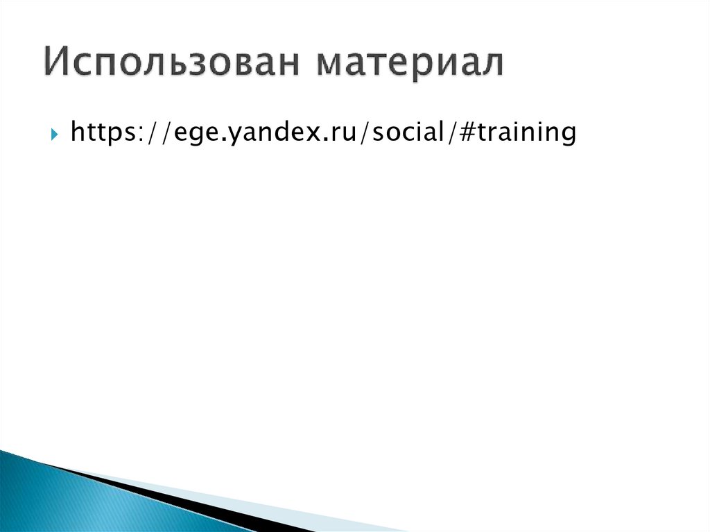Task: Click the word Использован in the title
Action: click(x=174, y=64)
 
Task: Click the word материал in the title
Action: click(x=410, y=64)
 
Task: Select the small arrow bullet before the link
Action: click(x=55, y=132)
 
